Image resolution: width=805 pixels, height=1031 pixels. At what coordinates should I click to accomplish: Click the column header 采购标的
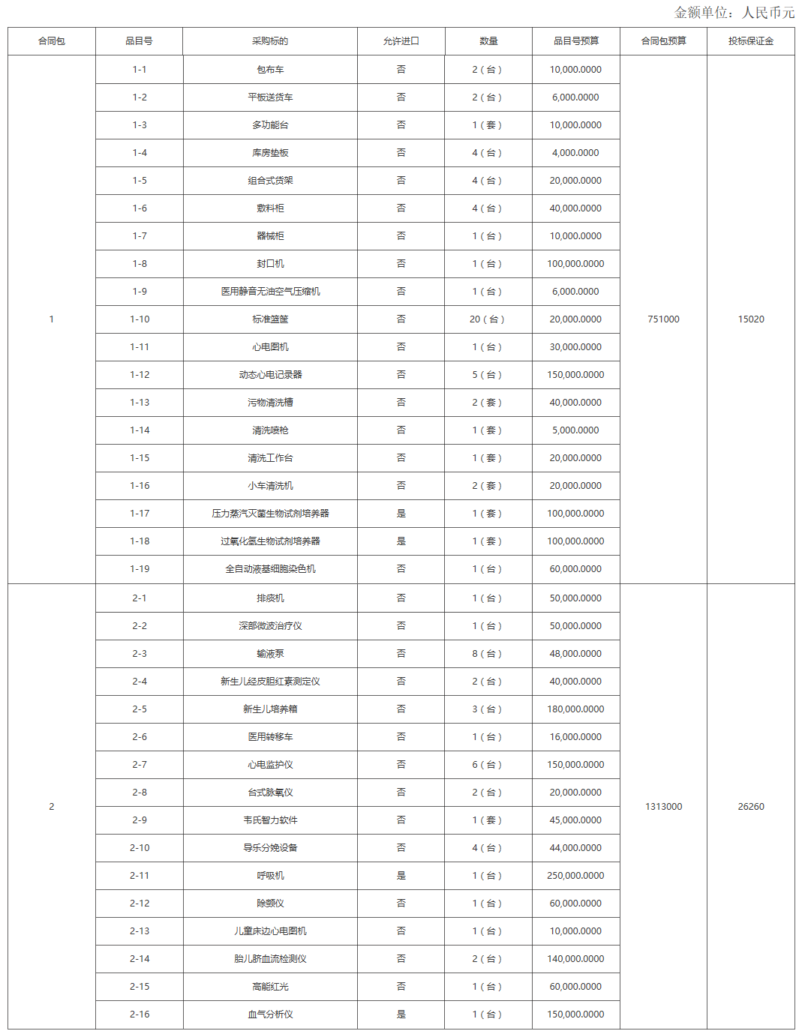coord(270,41)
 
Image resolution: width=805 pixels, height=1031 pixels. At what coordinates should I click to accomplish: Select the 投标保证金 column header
coord(750,41)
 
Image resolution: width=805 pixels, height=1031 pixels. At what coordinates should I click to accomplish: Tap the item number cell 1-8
coord(140,264)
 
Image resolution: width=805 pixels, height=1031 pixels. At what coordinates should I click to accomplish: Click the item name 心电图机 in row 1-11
coord(270,347)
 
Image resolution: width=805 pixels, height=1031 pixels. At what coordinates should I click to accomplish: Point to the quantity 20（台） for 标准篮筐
coord(488,319)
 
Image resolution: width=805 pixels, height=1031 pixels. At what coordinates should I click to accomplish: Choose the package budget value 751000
coord(663,319)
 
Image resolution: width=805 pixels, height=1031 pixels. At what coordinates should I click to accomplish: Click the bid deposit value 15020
coord(750,319)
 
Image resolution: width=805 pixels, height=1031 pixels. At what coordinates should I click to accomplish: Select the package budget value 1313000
coord(663,807)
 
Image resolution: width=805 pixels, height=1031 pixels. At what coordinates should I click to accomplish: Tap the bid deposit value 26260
coord(750,807)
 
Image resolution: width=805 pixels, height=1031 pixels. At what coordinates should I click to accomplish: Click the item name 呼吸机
coord(270,876)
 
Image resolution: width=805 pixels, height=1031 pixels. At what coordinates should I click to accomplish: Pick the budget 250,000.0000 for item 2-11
coord(575,876)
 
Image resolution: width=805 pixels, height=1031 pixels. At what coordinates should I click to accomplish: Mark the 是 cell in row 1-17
coord(401,514)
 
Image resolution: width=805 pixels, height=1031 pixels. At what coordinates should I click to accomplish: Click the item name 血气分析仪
coord(270,1015)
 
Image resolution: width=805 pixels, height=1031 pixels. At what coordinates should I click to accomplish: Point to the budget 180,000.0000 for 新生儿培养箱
coord(575,709)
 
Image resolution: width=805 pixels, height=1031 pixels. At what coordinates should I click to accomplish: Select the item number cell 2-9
coord(140,820)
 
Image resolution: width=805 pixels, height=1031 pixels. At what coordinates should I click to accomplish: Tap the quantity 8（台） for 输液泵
coord(488,654)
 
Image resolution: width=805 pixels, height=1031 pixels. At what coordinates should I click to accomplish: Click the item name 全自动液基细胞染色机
coord(270,569)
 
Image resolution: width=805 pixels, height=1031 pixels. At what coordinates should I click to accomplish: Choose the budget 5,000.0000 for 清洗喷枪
coord(575,430)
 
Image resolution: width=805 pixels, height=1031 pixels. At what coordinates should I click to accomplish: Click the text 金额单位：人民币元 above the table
coord(734,13)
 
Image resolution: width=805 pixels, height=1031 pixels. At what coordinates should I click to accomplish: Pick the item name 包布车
coord(270,70)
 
